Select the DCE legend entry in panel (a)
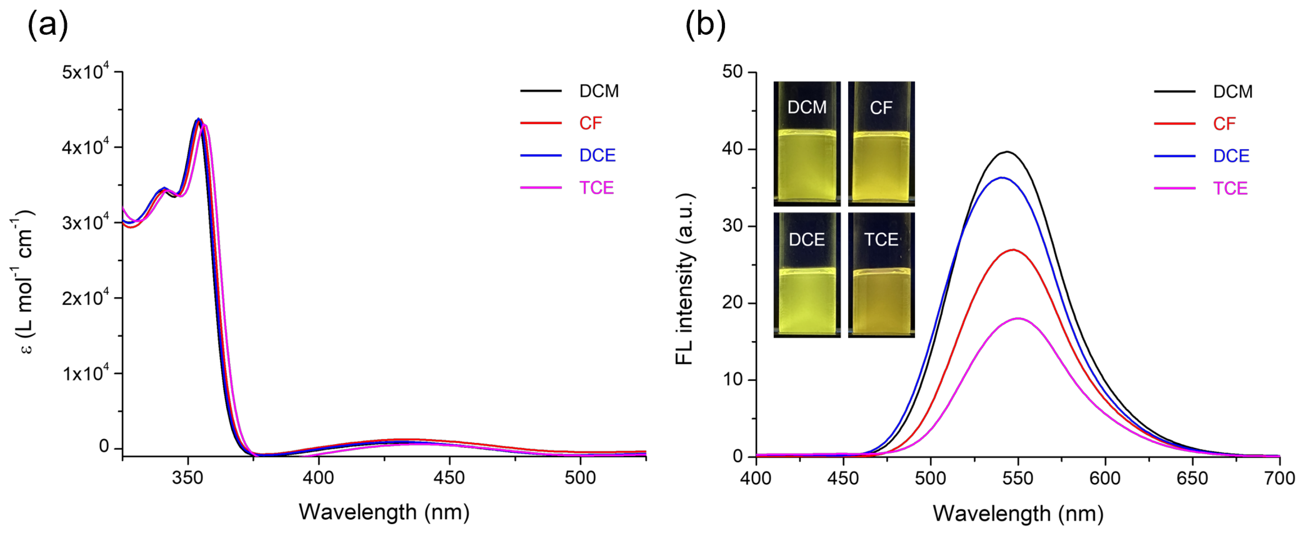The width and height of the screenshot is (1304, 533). click(597, 155)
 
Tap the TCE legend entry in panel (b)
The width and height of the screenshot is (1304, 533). click(1230, 189)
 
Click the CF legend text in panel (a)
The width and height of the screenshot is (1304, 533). click(590, 123)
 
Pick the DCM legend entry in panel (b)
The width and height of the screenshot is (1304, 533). click(1233, 92)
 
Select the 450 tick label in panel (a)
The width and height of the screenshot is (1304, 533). click(449, 478)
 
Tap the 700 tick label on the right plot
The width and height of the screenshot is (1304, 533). click(1279, 478)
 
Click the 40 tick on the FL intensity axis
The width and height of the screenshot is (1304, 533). click(732, 149)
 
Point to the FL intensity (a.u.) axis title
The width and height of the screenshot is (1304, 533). click(685, 279)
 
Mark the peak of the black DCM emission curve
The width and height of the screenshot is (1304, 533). click(1008, 152)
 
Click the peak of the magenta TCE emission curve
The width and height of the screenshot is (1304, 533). click(1018, 318)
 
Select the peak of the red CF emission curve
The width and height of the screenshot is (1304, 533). click(1013, 250)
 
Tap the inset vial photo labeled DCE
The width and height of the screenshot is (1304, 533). click(807, 275)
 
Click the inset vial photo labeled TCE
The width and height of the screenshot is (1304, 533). click(881, 275)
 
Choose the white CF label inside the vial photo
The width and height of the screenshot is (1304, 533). click(881, 108)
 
